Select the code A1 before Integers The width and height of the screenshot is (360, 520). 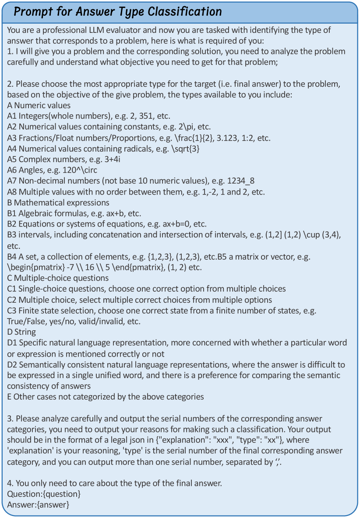click(12, 117)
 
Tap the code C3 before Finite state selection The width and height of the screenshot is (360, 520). click(12, 311)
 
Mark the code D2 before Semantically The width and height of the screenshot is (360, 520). click(13, 364)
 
